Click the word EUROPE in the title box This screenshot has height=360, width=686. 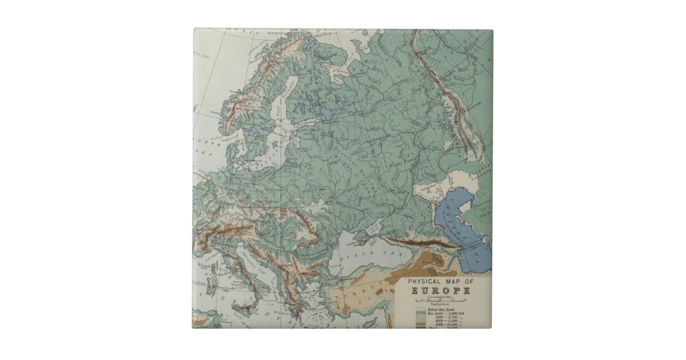pos(442,290)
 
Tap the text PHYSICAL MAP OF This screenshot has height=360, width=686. pos(441,281)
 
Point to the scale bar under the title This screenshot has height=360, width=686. pos(441,299)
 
